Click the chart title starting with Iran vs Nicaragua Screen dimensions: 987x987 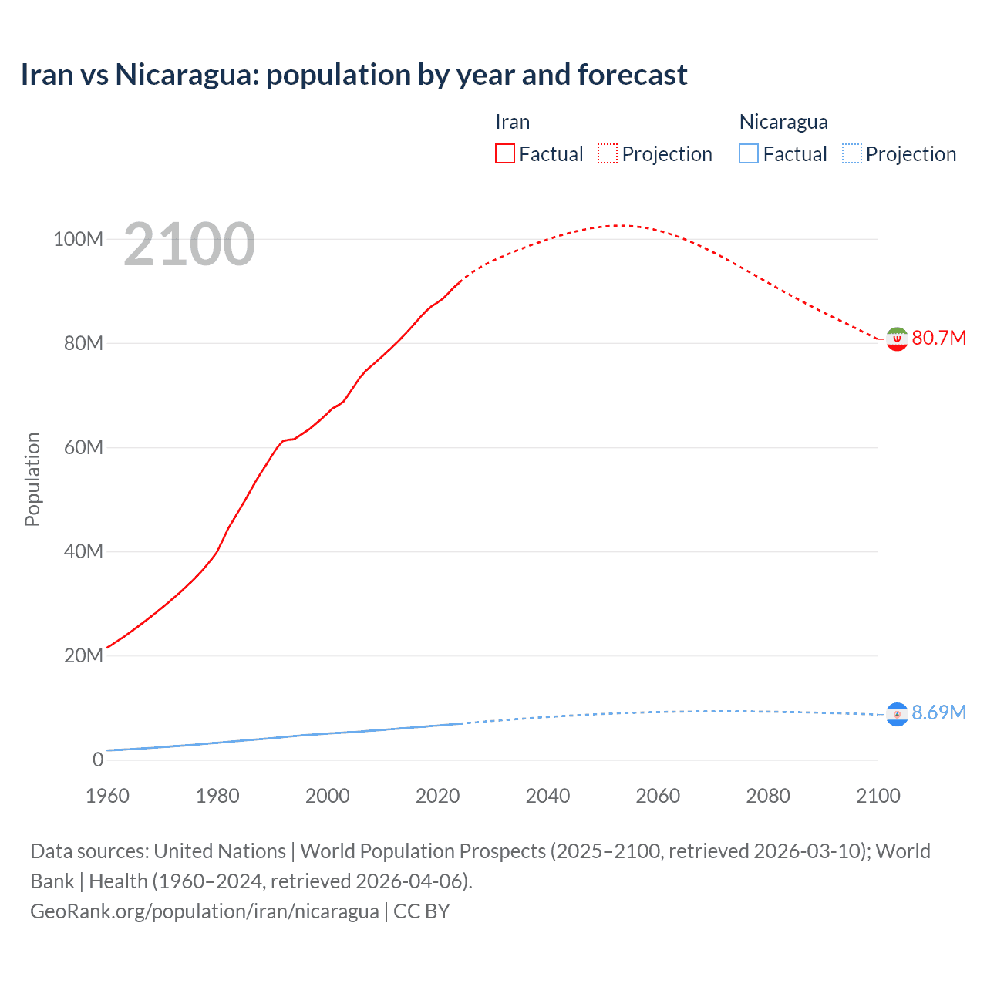coord(354,75)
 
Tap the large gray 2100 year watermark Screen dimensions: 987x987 coord(189,244)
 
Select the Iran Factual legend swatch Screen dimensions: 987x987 coord(504,153)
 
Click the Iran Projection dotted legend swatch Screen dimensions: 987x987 coord(608,153)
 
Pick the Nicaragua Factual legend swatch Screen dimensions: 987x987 coord(749,153)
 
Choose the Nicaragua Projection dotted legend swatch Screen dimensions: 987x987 coord(852,153)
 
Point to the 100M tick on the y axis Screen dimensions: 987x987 coord(78,239)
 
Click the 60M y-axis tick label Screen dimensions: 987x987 coord(83,447)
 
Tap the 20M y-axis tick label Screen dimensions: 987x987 coord(83,655)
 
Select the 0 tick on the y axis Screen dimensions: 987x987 coord(98,760)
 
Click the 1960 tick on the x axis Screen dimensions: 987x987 coord(107,796)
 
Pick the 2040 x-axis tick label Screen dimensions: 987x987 coord(547,796)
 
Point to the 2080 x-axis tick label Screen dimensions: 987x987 coord(768,796)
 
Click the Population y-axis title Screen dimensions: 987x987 coord(32,479)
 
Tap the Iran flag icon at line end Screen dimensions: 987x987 coord(897,339)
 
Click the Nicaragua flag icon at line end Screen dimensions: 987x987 coord(897,715)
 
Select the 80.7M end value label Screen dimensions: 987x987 coord(938,339)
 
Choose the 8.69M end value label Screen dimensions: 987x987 coord(938,712)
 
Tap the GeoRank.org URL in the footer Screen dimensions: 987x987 coord(204,911)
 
